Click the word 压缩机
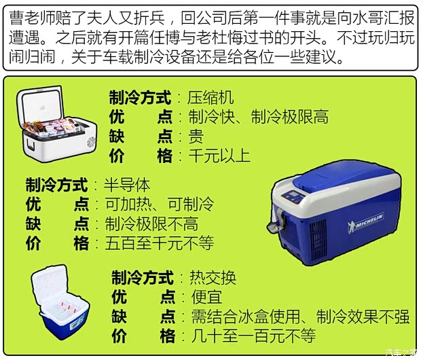pyautogui.click(x=210, y=97)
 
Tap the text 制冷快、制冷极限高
pyautogui.click(x=258, y=117)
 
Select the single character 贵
pyautogui.click(x=196, y=137)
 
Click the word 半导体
pyautogui.click(x=127, y=185)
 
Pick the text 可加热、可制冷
pyautogui.click(x=158, y=204)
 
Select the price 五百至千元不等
pyautogui.click(x=158, y=243)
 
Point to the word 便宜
pyautogui.click(x=202, y=297)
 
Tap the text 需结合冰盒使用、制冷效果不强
pyautogui.click(x=295, y=317)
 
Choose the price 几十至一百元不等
pyautogui.click(x=249, y=336)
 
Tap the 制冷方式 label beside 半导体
pyautogui.click(x=56, y=185)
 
